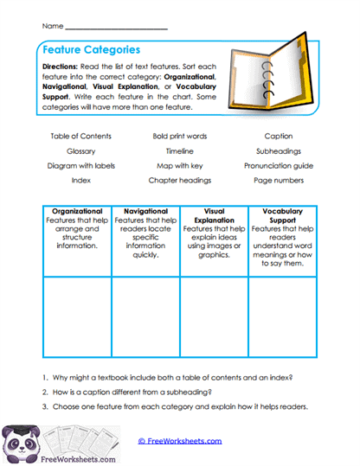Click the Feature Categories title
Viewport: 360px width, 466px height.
91,50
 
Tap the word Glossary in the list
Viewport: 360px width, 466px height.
81,150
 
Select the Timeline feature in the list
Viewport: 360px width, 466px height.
179,150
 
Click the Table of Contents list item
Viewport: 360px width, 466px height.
81,136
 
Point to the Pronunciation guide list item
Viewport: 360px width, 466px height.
279,165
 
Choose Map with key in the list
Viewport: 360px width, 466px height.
179,165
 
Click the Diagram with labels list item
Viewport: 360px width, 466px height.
81,165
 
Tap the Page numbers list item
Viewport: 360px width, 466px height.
279,180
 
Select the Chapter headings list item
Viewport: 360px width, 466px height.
179,180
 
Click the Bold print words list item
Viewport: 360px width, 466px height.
179,136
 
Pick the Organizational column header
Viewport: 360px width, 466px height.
77,210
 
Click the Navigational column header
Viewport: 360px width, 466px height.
145,210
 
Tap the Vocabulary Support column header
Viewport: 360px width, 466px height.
281,214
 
